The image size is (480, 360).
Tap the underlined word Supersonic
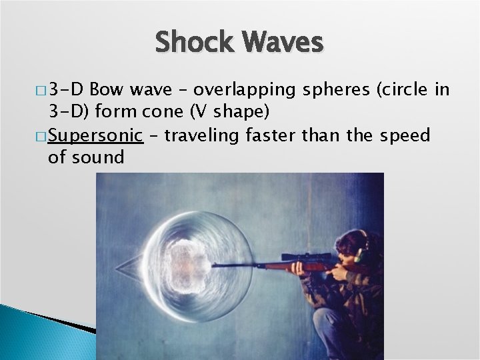click(96, 136)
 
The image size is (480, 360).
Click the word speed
click(405, 136)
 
